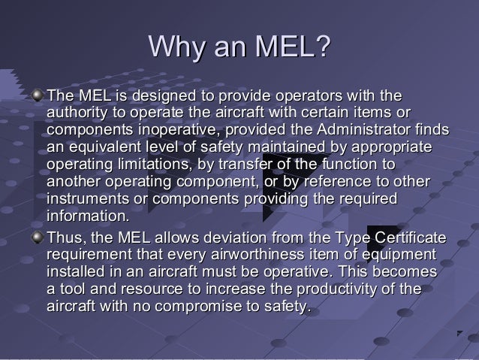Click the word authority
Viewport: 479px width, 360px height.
click(x=75, y=113)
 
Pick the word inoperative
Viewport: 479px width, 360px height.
click(x=174, y=130)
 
